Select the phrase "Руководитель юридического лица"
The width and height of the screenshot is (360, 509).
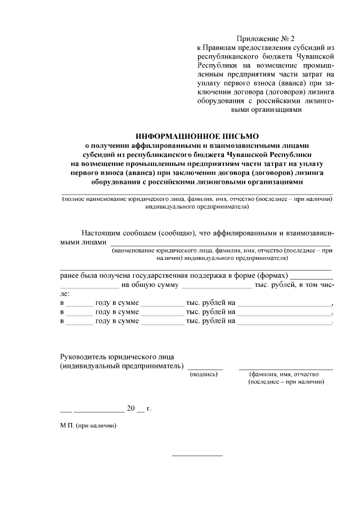click(117, 357)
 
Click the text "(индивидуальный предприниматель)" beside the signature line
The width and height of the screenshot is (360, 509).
click(122, 366)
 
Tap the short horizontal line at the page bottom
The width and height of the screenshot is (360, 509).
click(197, 455)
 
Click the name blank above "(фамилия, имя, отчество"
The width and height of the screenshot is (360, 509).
click(286, 368)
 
